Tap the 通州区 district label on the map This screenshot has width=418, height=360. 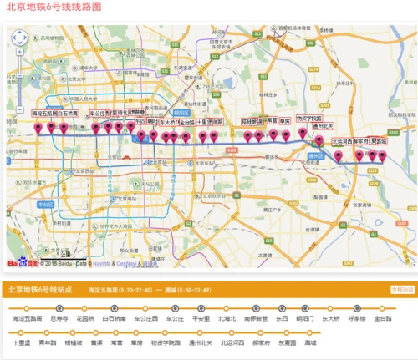[x=315, y=155]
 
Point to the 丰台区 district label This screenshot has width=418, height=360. [x=45, y=203]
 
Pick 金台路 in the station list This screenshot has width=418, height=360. [x=384, y=318]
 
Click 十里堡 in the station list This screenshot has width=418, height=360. [x=22, y=342]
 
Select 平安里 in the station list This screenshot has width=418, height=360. [x=201, y=318]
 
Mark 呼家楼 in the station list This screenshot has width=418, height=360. [x=357, y=318]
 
